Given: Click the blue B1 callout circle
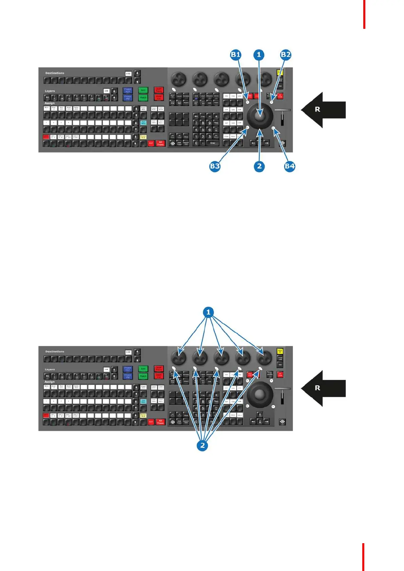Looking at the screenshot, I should [235, 55].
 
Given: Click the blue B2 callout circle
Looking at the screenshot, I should [286, 55].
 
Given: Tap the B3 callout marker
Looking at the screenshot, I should [215, 166].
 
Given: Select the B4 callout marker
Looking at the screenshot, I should [289, 166].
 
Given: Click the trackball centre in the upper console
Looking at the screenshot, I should [260, 116].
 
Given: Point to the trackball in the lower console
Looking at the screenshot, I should [260, 394].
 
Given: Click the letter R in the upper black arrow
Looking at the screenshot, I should [318, 110].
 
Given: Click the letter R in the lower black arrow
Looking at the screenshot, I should [318, 388].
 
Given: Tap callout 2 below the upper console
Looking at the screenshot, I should [259, 166].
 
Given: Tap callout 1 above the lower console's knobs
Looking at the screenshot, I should [208, 312].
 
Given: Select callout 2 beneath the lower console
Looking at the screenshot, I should [203, 445].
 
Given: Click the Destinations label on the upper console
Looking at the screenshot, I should [55, 73].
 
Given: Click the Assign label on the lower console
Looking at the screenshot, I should [50, 382].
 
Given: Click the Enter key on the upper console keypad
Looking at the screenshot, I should [213, 143].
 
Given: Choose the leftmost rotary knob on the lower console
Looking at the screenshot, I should [179, 357].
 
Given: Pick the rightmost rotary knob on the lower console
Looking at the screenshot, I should [265, 357].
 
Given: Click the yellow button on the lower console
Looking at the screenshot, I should [280, 351].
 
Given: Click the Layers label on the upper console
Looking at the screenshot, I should [50, 91].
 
